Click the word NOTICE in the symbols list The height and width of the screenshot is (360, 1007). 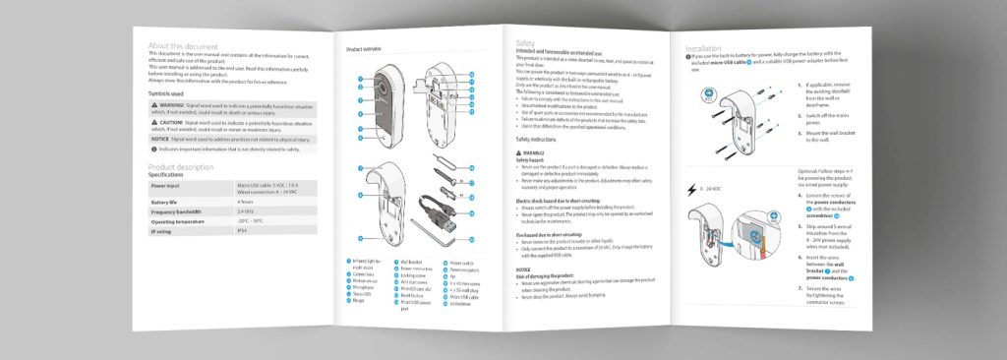pyautogui.click(x=161, y=140)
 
